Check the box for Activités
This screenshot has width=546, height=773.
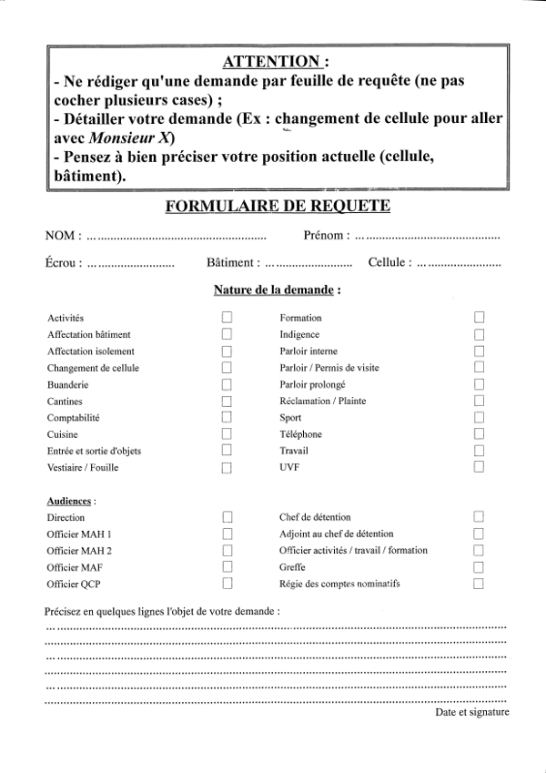[x=227, y=318]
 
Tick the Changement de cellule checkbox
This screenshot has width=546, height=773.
[x=227, y=368]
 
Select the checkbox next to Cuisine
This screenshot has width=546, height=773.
[x=227, y=434]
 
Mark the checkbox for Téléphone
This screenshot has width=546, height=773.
[x=479, y=434]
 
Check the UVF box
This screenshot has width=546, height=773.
[x=479, y=467]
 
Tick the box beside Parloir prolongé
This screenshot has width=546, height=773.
[x=479, y=384]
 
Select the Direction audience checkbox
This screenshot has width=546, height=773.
[x=227, y=517]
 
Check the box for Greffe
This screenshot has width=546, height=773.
[x=479, y=567]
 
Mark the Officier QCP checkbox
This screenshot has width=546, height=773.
[x=227, y=584]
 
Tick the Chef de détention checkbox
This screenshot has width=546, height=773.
[x=479, y=517]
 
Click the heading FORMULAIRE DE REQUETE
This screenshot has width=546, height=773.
[x=278, y=206]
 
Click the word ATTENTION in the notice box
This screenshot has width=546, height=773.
[x=272, y=62]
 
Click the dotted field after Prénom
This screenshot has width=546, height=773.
[x=427, y=236]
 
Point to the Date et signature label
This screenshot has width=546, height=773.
[x=471, y=713]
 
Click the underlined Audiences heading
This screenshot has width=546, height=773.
[x=68, y=501]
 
